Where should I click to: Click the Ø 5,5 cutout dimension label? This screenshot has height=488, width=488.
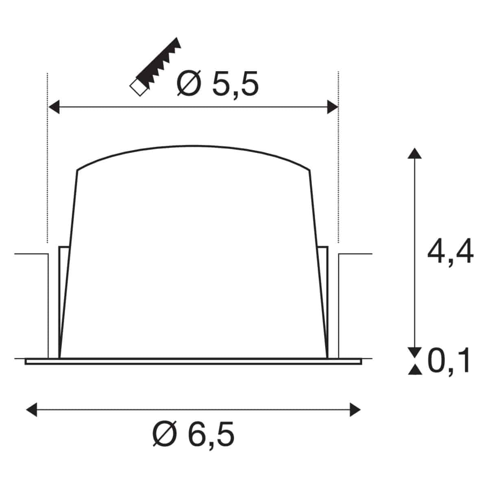(x=218, y=84)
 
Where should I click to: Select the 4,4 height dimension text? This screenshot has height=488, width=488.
(x=450, y=252)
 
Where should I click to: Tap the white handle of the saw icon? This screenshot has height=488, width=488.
(x=139, y=87)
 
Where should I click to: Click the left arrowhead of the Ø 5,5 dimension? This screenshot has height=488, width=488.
(x=54, y=107)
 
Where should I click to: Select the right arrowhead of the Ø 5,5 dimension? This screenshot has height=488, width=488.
(x=333, y=107)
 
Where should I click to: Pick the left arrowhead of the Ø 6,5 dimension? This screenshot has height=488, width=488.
(x=32, y=410)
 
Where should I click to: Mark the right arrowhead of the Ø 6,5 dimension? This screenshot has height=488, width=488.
(x=355, y=410)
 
